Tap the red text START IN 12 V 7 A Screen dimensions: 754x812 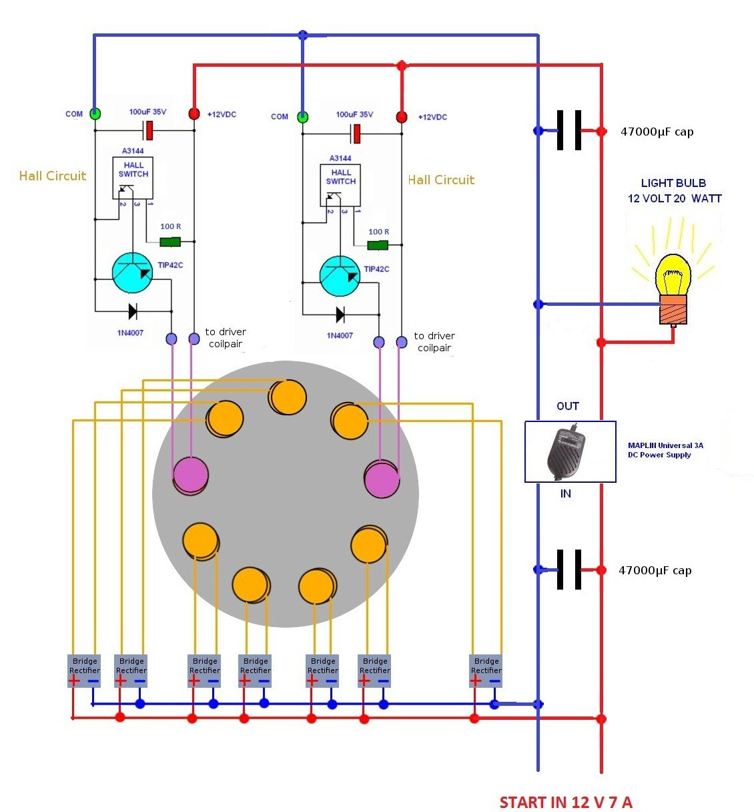[x=566, y=802]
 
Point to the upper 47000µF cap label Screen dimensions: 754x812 [x=657, y=132]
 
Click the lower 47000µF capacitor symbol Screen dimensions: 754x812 [x=569, y=570]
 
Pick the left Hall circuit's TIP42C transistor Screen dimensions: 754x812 [x=132, y=272]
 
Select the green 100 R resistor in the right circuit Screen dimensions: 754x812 [x=378, y=245]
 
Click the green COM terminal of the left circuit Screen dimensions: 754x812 [x=95, y=114]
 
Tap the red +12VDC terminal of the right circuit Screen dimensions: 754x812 [x=402, y=117]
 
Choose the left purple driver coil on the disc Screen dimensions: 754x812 [x=190, y=476]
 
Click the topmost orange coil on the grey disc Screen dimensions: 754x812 [x=288, y=397]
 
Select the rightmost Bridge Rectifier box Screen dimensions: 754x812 [x=486, y=670]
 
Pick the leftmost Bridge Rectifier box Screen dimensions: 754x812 [x=84, y=670]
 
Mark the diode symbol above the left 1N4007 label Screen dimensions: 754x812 [x=132, y=311]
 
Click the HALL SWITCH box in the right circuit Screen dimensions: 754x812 [x=340, y=185]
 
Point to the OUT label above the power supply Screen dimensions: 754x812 [x=568, y=406]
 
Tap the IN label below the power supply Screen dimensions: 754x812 [x=566, y=493]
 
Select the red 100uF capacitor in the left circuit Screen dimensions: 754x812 [x=149, y=130]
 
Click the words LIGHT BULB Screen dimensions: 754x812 [x=673, y=183]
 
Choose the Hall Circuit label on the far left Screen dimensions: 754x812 [x=53, y=176]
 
